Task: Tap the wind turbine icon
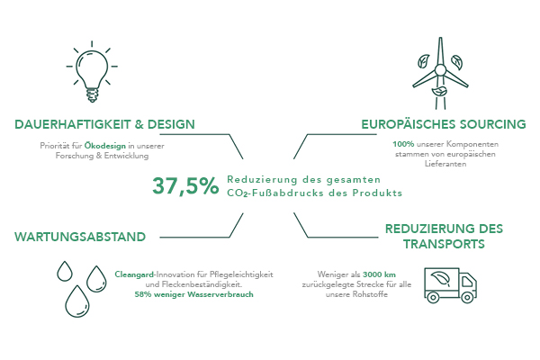[440, 73]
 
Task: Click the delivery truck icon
[451, 285]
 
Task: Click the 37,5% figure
[185, 186]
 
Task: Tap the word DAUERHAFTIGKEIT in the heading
[72, 124]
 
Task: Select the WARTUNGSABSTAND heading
[80, 237]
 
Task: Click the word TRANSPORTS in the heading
[444, 244]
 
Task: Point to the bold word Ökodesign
[105, 146]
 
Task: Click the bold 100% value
[403, 144]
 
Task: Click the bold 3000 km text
[379, 274]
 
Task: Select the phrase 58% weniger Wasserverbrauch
[193, 294]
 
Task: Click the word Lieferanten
[445, 164]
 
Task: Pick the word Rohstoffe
[372, 294]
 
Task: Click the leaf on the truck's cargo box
[442, 279]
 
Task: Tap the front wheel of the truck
[467, 297]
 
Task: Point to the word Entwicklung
[126, 156]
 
